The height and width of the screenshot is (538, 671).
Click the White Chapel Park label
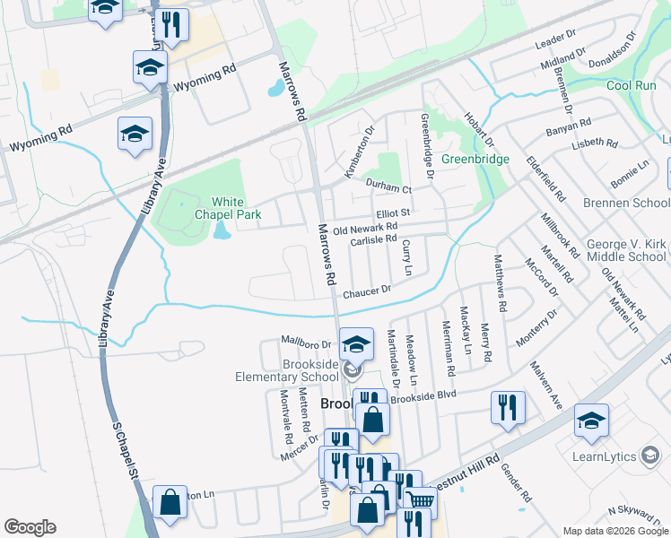click(216, 208)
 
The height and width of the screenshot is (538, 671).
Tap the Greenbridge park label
click(475, 159)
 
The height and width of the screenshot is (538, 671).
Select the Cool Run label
click(631, 86)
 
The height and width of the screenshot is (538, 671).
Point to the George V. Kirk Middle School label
click(626, 250)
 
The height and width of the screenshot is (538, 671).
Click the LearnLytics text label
click(610, 456)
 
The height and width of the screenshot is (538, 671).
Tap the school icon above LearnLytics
click(591, 421)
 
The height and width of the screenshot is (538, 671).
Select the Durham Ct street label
click(388, 188)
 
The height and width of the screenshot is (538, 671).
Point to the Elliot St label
click(393, 213)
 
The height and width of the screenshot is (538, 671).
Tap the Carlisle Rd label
click(373, 239)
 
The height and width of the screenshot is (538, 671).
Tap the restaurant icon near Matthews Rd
click(508, 407)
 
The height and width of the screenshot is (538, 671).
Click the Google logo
click(30, 527)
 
